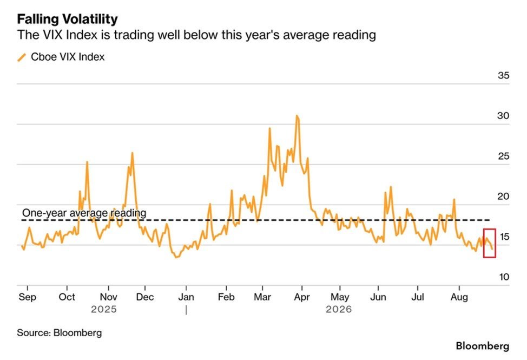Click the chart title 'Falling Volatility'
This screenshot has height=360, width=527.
coord(67,19)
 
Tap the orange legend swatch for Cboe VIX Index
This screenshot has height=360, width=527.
coord(22,57)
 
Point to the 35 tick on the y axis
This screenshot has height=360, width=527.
coord(504,75)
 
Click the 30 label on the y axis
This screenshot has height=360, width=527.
coord(504,116)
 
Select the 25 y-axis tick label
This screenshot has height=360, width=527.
coord(504,156)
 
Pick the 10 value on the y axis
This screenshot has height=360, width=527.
coord(504,277)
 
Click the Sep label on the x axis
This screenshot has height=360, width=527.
coord(27,297)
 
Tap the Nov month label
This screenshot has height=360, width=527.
coord(109,297)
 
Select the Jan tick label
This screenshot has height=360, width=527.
coord(186,297)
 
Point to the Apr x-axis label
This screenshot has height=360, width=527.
coord(302,297)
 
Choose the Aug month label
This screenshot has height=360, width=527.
coord(459,297)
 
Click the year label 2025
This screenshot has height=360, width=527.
coord(104,309)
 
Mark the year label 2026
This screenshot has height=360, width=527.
coord(339,309)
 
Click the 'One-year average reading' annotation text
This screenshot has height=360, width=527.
coord(84,213)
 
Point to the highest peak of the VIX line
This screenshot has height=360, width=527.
coord(297,116)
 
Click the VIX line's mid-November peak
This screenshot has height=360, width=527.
coord(132,153)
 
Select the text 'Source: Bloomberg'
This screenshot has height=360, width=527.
coord(59,333)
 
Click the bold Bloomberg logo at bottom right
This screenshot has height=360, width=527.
coord(483,346)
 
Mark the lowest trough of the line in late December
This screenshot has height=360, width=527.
coord(176,257)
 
